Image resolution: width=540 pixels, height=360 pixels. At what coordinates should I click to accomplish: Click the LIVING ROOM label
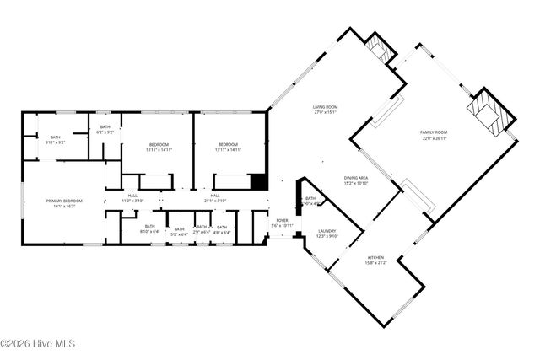click(325, 106)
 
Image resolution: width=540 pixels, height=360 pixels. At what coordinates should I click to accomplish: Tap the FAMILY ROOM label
click(434, 132)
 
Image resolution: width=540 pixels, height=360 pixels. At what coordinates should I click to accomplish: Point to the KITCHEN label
click(375, 257)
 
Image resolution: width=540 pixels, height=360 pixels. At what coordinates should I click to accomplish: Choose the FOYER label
click(282, 221)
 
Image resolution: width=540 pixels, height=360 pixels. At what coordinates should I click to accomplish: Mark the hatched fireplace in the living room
click(383, 50)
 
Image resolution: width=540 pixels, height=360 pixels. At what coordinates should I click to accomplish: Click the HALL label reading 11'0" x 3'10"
click(132, 196)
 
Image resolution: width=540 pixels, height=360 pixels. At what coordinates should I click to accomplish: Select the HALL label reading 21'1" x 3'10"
click(215, 196)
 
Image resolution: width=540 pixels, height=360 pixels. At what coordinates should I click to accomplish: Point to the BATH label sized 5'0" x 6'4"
click(178, 228)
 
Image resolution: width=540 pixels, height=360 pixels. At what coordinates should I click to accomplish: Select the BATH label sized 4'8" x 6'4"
click(222, 228)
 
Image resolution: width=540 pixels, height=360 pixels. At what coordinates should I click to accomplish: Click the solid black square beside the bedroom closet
click(259, 181)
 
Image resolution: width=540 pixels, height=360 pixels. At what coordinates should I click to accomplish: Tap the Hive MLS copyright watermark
click(39, 344)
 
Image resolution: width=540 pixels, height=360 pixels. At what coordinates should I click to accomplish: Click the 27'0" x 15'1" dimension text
click(325, 111)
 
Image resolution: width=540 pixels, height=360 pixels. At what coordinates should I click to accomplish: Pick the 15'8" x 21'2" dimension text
click(375, 262)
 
